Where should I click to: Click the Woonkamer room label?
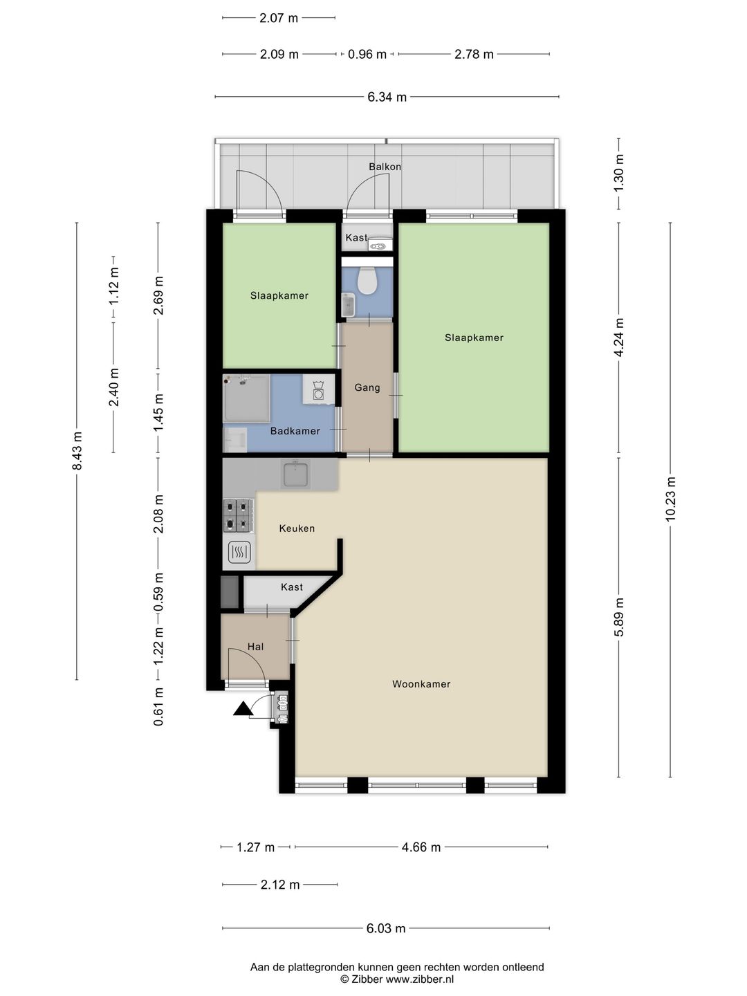(421, 684)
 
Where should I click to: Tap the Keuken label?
(297, 528)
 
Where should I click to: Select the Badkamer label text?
(295, 431)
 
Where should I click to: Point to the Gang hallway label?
(367, 388)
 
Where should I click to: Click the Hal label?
(255, 647)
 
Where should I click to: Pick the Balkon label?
(385, 167)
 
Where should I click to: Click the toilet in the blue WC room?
(367, 280)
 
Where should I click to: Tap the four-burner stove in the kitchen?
(238, 515)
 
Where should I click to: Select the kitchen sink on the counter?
(295, 474)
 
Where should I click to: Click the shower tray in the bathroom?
(246, 398)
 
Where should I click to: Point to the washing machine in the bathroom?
(318, 389)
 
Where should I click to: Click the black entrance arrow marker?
(243, 709)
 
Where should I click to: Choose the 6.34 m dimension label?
(387, 97)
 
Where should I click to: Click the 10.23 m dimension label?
(670, 499)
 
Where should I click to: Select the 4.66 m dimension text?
(421, 847)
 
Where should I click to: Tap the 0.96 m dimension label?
(367, 55)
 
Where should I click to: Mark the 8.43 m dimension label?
(77, 451)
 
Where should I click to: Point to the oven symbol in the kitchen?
(239, 552)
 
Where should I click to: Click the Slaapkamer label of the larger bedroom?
(474, 338)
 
